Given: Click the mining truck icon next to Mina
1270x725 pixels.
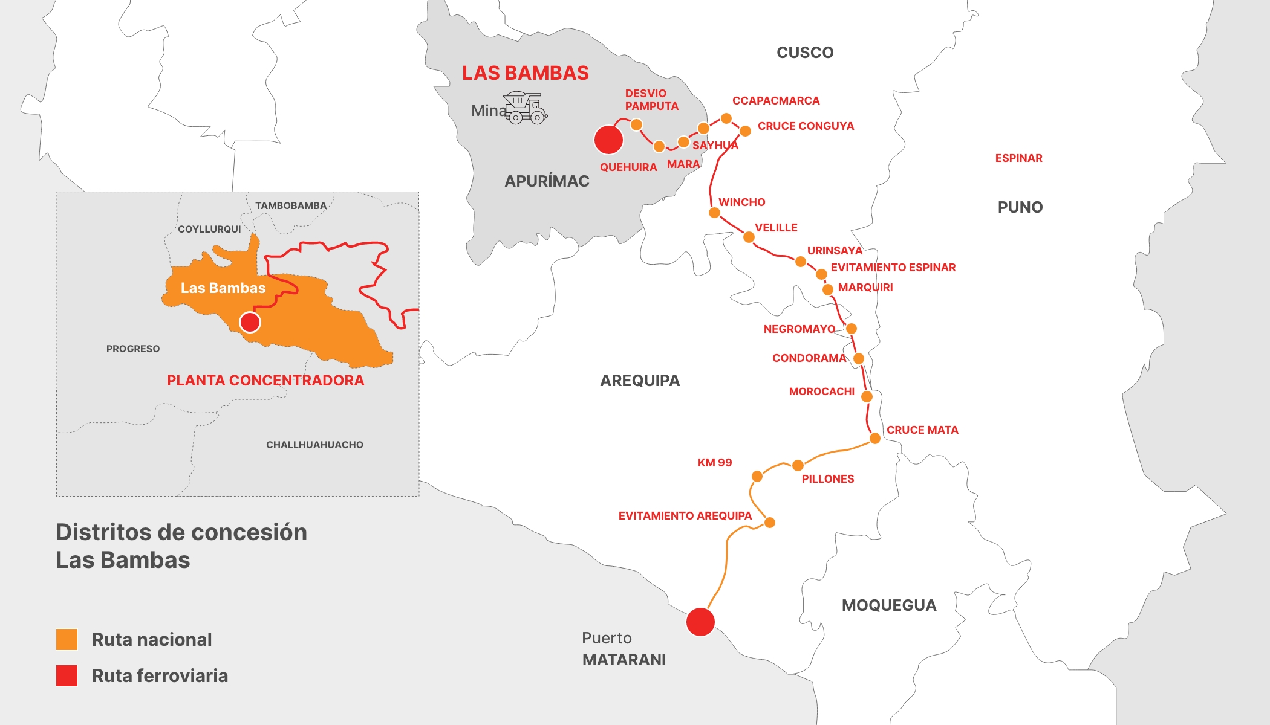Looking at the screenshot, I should [526, 108].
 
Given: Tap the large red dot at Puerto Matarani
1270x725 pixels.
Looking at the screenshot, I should [700, 622].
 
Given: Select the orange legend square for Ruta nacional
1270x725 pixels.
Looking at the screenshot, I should [67, 639].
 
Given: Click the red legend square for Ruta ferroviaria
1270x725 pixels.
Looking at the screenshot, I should [67, 675].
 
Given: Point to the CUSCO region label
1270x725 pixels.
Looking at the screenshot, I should [804, 53].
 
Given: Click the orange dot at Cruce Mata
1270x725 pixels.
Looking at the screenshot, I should [874, 438].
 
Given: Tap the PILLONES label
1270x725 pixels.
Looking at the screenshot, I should [827, 479].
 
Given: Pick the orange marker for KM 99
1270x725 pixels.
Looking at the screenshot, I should [757, 477].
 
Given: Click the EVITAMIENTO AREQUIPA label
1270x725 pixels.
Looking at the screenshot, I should [685, 516].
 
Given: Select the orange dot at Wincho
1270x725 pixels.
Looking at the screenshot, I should [714, 213].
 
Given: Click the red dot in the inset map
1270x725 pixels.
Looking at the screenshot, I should [250, 322].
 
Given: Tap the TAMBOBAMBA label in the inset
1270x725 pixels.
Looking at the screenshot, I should [290, 205].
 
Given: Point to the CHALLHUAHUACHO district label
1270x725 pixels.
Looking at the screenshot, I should [314, 445].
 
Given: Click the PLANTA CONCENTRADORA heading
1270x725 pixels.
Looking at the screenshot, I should [265, 381].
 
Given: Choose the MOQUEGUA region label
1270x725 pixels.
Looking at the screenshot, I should [888, 605].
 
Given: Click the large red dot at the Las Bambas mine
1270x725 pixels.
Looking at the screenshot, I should [608, 140].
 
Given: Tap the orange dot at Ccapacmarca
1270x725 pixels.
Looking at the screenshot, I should [726, 118].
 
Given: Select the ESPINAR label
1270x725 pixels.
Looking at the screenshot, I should [1018, 158].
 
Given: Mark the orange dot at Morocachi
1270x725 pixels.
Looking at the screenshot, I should [867, 396].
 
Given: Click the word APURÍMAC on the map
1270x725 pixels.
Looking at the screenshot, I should [547, 181].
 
